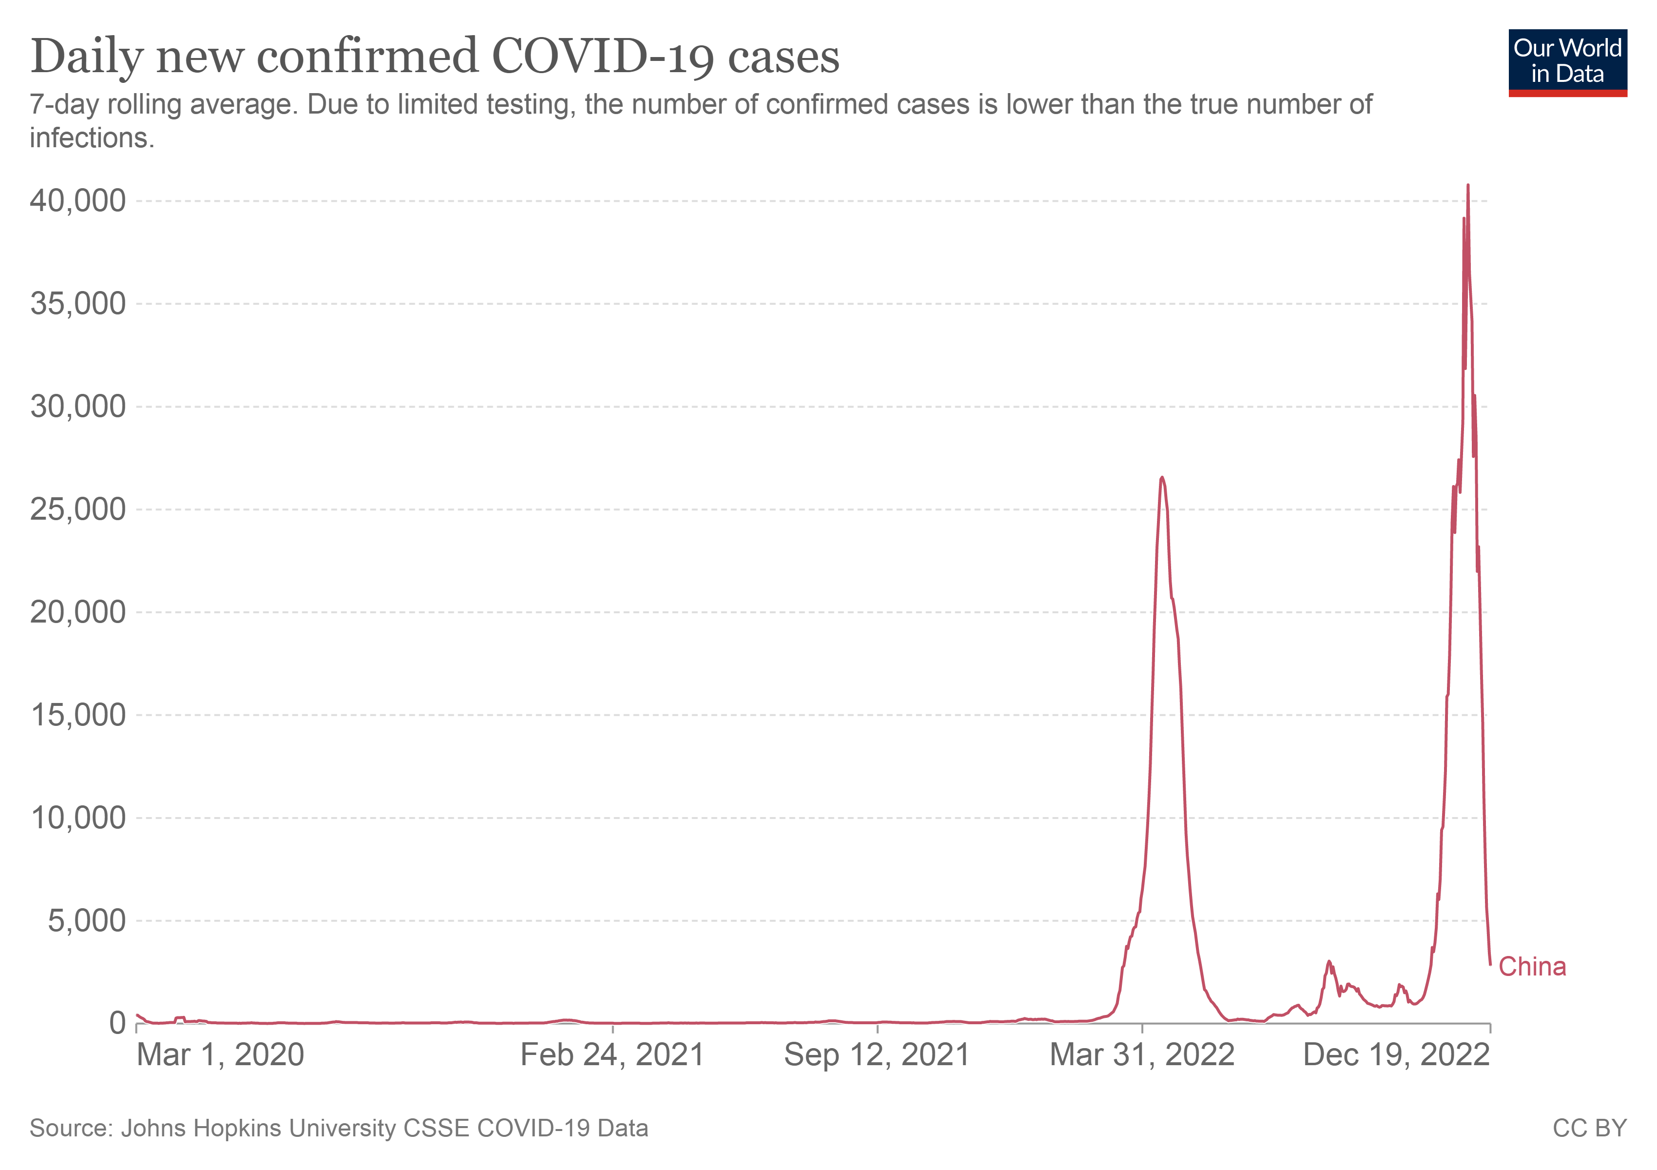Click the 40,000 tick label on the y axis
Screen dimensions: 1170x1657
[78, 201]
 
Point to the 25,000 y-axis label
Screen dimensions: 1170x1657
[78, 509]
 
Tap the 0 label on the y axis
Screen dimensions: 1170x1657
[117, 1023]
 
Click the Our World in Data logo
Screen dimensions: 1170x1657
[1567, 62]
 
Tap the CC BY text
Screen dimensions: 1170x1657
[1589, 1128]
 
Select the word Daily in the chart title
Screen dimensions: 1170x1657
[87, 56]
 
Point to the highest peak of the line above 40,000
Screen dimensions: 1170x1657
[1468, 186]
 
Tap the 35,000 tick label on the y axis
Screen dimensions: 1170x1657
[78, 304]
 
